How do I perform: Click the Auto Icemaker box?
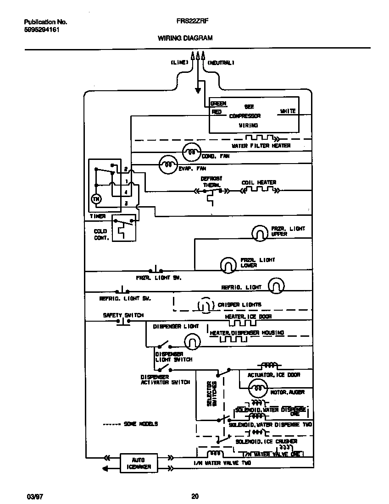(138, 463)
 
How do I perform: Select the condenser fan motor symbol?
(192, 152)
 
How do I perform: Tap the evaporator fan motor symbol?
(168, 164)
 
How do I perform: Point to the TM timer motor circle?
(96, 199)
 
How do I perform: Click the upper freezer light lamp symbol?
(260, 233)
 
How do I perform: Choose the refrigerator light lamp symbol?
(276, 286)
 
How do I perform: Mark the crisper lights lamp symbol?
(205, 305)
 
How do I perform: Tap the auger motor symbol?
(258, 389)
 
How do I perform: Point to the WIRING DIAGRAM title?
(185, 38)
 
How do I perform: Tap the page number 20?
(194, 496)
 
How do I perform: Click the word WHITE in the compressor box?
(287, 111)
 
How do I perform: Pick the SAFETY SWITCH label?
(123, 315)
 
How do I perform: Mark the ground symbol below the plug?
(198, 90)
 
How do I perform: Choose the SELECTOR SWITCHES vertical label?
(211, 394)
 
